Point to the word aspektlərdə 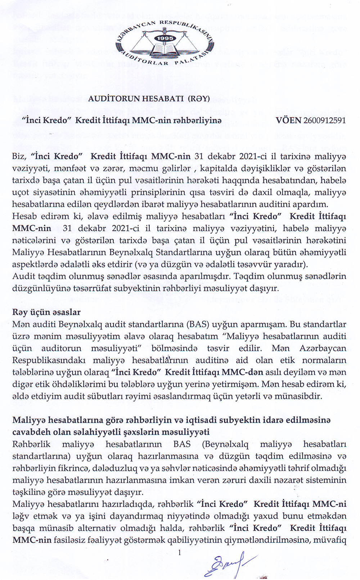(x=35, y=264)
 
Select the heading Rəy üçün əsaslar (x=46, y=312)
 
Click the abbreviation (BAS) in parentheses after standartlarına (x=198, y=324)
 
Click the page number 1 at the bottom (x=180, y=552)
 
